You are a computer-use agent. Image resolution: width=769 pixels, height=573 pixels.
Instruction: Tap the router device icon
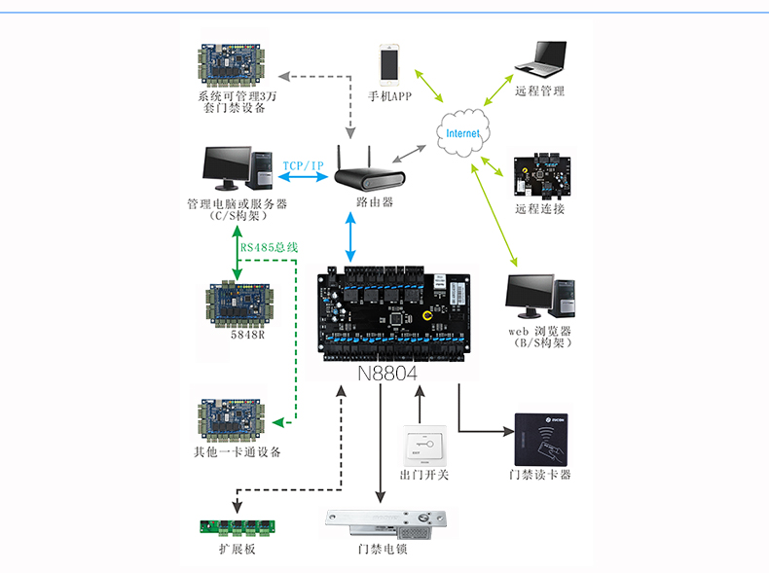tap(369, 176)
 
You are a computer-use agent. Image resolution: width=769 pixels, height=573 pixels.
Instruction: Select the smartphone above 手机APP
tap(389, 63)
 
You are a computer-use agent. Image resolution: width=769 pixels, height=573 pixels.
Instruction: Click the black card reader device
tap(543, 437)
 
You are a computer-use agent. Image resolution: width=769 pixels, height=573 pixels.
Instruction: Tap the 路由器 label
tap(375, 203)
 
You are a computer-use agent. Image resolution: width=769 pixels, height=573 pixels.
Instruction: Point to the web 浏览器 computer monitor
tap(531, 297)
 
